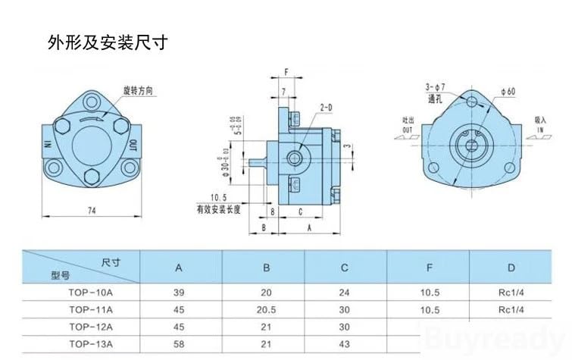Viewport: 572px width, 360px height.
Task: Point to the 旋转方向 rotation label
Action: pyautogui.click(x=140, y=90)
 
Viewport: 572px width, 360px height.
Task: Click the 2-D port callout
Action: pyautogui.click(x=327, y=108)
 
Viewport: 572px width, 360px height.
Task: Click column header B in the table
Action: pyautogui.click(x=264, y=267)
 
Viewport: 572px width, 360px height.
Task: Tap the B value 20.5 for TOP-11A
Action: pyautogui.click(x=264, y=309)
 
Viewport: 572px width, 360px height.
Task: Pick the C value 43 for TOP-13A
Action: pyautogui.click(x=345, y=343)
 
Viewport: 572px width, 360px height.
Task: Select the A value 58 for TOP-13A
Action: pyautogui.click(x=179, y=343)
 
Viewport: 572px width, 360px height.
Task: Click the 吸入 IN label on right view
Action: pyautogui.click(x=540, y=124)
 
